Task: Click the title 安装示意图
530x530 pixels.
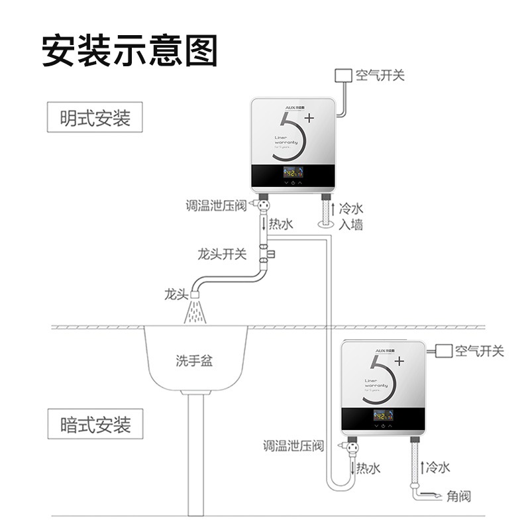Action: coord(129,50)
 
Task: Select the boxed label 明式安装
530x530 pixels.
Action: coord(95,118)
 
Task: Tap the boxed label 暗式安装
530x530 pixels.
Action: coord(95,424)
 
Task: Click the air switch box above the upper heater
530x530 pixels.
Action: coord(343,75)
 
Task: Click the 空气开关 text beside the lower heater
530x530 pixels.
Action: coord(479,351)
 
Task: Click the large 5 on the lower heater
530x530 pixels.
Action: coord(382,384)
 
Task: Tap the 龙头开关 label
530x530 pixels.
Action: coord(222,254)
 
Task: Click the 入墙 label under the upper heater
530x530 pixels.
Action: coord(351,225)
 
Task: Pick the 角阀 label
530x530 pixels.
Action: coord(458,496)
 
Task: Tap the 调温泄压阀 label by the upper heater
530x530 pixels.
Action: coord(216,206)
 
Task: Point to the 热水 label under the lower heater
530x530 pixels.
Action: coord(368,468)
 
